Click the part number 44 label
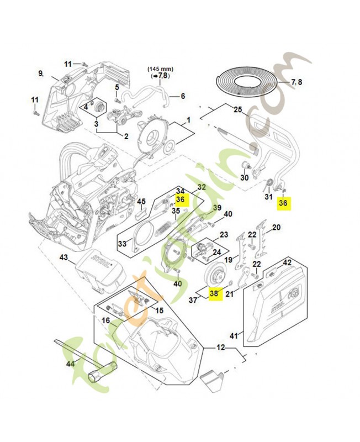point(70,364)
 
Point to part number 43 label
point(63,257)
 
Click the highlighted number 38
point(214,295)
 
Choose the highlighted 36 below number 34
point(181,199)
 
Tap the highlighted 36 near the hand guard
point(284,203)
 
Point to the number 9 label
point(41,73)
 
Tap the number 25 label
point(237,109)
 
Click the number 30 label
point(244,177)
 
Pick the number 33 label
point(123,243)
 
